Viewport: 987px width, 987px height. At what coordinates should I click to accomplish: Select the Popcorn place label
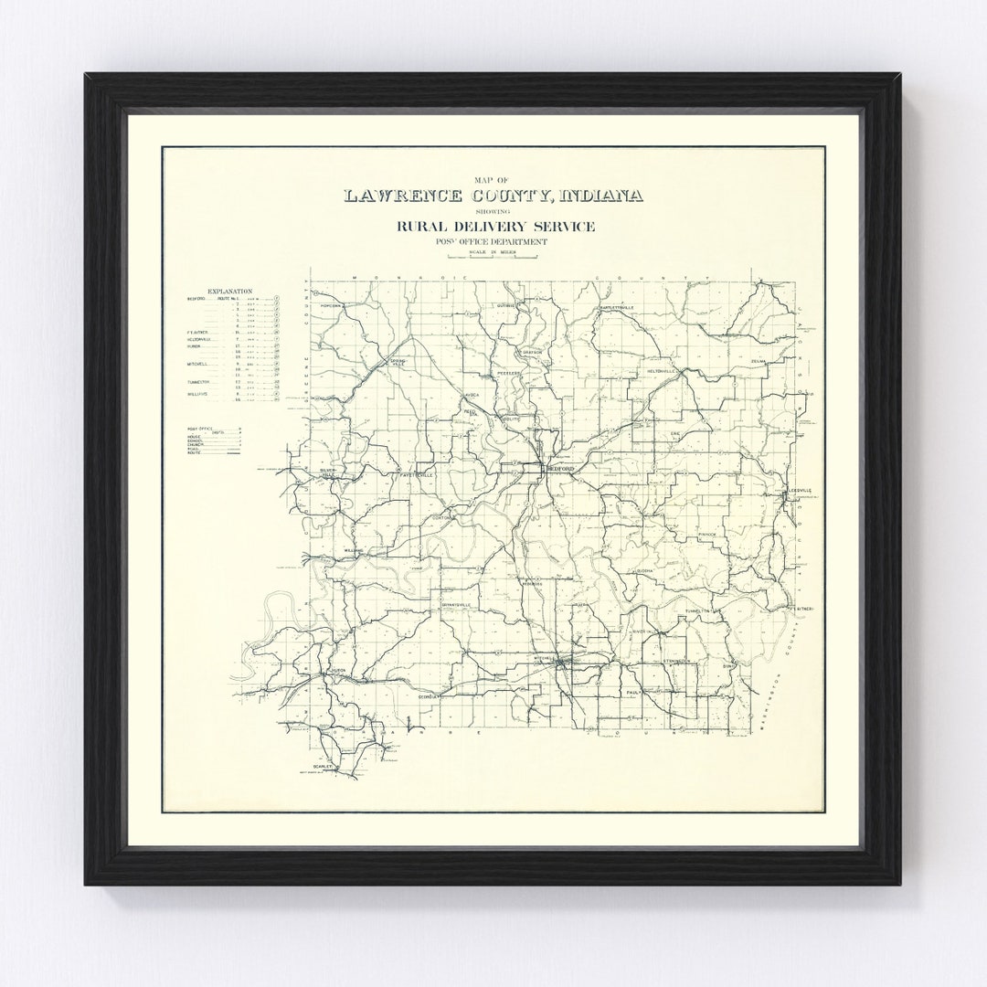pos(330,305)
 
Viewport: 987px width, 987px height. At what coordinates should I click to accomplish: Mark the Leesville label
pos(800,490)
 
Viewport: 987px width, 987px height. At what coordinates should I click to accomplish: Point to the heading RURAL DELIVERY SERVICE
pos(494,226)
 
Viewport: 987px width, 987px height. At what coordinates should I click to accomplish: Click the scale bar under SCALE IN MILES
pos(494,257)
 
